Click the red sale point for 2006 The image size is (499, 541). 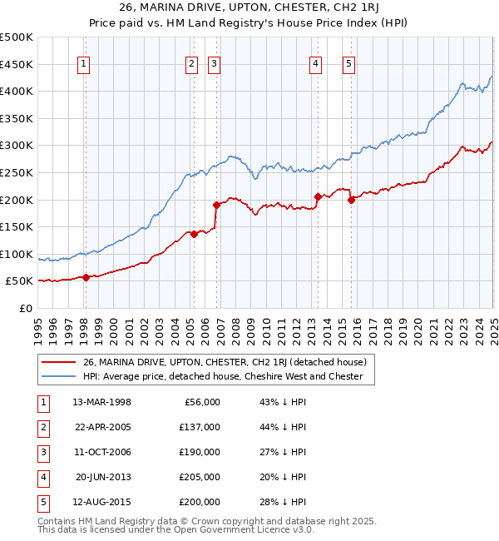tap(216, 205)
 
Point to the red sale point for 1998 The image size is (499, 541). tap(86, 277)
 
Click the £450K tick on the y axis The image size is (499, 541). tap(17, 64)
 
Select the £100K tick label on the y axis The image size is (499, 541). tap(17, 254)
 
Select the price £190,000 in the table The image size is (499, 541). tap(200, 452)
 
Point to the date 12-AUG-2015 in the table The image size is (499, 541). tap(101, 502)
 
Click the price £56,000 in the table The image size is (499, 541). tap(202, 402)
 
